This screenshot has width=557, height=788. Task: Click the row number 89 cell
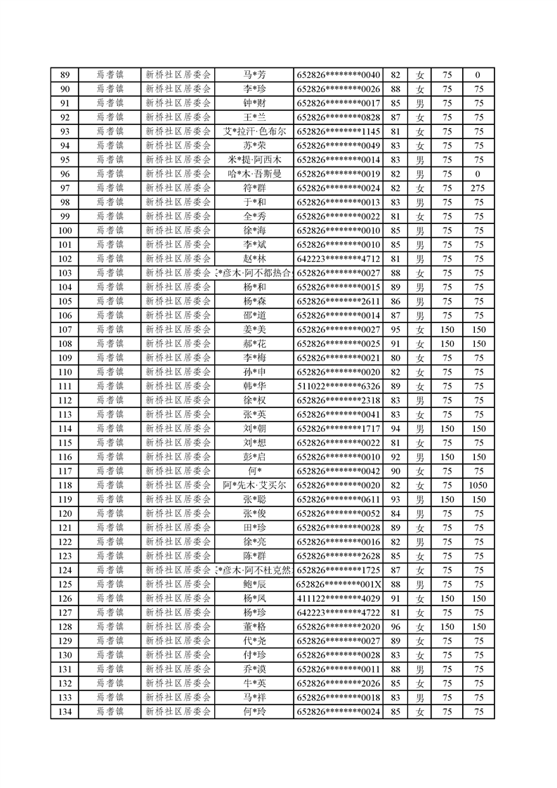[65, 75]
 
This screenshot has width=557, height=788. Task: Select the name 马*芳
[254, 75]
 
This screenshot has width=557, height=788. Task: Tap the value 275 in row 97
[478, 188]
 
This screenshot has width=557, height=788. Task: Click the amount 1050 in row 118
[478, 485]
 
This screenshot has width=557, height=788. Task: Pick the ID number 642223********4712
[339, 258]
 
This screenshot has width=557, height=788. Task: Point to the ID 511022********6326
[339, 386]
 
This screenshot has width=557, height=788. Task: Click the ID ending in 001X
[339, 584]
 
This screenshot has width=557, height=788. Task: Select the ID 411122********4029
[339, 598]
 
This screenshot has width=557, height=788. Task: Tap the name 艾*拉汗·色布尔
[254, 131]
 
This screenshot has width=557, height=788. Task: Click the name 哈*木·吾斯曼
[254, 173]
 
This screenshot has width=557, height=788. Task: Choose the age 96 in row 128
[395, 626]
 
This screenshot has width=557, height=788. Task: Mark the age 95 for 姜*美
[395, 329]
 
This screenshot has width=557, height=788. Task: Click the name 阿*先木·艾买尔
[254, 485]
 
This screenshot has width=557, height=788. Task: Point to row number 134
[65, 711]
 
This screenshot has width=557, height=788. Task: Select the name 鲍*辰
[254, 584]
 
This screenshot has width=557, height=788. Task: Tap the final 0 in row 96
[478, 173]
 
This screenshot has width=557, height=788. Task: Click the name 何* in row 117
[254, 471]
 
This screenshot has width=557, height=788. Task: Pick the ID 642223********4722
[339, 612]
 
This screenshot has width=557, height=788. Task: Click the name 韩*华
[254, 386]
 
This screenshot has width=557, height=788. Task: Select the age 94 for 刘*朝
[395, 428]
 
